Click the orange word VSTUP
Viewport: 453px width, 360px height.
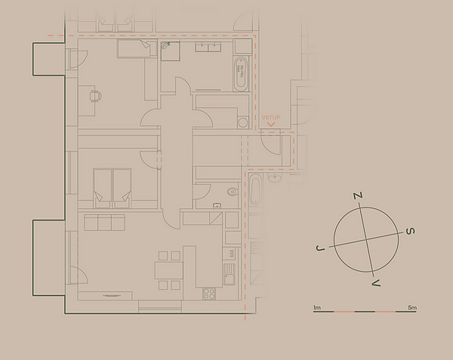pos(271,118)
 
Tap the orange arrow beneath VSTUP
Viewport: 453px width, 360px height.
pos(271,125)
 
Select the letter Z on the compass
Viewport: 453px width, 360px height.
pos(358,195)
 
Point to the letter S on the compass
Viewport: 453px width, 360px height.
pos(411,231)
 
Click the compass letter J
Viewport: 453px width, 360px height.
pos(320,248)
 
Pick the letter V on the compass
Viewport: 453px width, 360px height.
pos(376,283)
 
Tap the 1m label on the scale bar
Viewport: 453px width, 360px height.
pos(317,308)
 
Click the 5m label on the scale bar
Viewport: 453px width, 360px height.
pos(412,308)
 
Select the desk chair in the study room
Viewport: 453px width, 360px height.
pos(96,96)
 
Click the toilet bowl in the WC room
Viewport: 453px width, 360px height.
pos(233,192)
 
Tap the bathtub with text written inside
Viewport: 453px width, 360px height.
pos(241,74)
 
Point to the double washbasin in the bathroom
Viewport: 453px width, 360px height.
pos(208,47)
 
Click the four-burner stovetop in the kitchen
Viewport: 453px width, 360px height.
pos(209,294)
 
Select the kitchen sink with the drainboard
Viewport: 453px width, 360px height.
pos(229,274)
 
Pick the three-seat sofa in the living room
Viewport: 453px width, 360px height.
pos(105,223)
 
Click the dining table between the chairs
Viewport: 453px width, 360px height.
pos(168,270)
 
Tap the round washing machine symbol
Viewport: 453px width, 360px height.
pos(243,122)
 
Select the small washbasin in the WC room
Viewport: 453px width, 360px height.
pos(217,205)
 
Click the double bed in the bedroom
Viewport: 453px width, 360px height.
pos(112,188)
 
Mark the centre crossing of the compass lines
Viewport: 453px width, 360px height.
pos(366,239)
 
